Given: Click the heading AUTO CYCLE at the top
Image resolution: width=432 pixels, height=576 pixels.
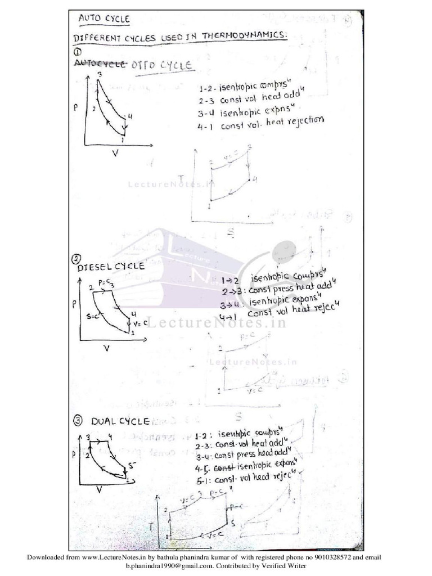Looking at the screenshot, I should (104, 19).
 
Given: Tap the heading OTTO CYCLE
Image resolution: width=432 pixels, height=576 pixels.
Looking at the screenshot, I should (163, 66).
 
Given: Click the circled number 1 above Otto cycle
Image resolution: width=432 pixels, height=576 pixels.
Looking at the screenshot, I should (78, 52).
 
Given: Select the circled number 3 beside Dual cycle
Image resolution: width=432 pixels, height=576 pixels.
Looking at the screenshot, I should (78, 420).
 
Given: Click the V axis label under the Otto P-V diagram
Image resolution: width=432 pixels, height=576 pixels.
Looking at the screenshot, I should (116, 152).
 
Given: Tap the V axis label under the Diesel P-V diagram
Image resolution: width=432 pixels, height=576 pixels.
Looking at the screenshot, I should (105, 348).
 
